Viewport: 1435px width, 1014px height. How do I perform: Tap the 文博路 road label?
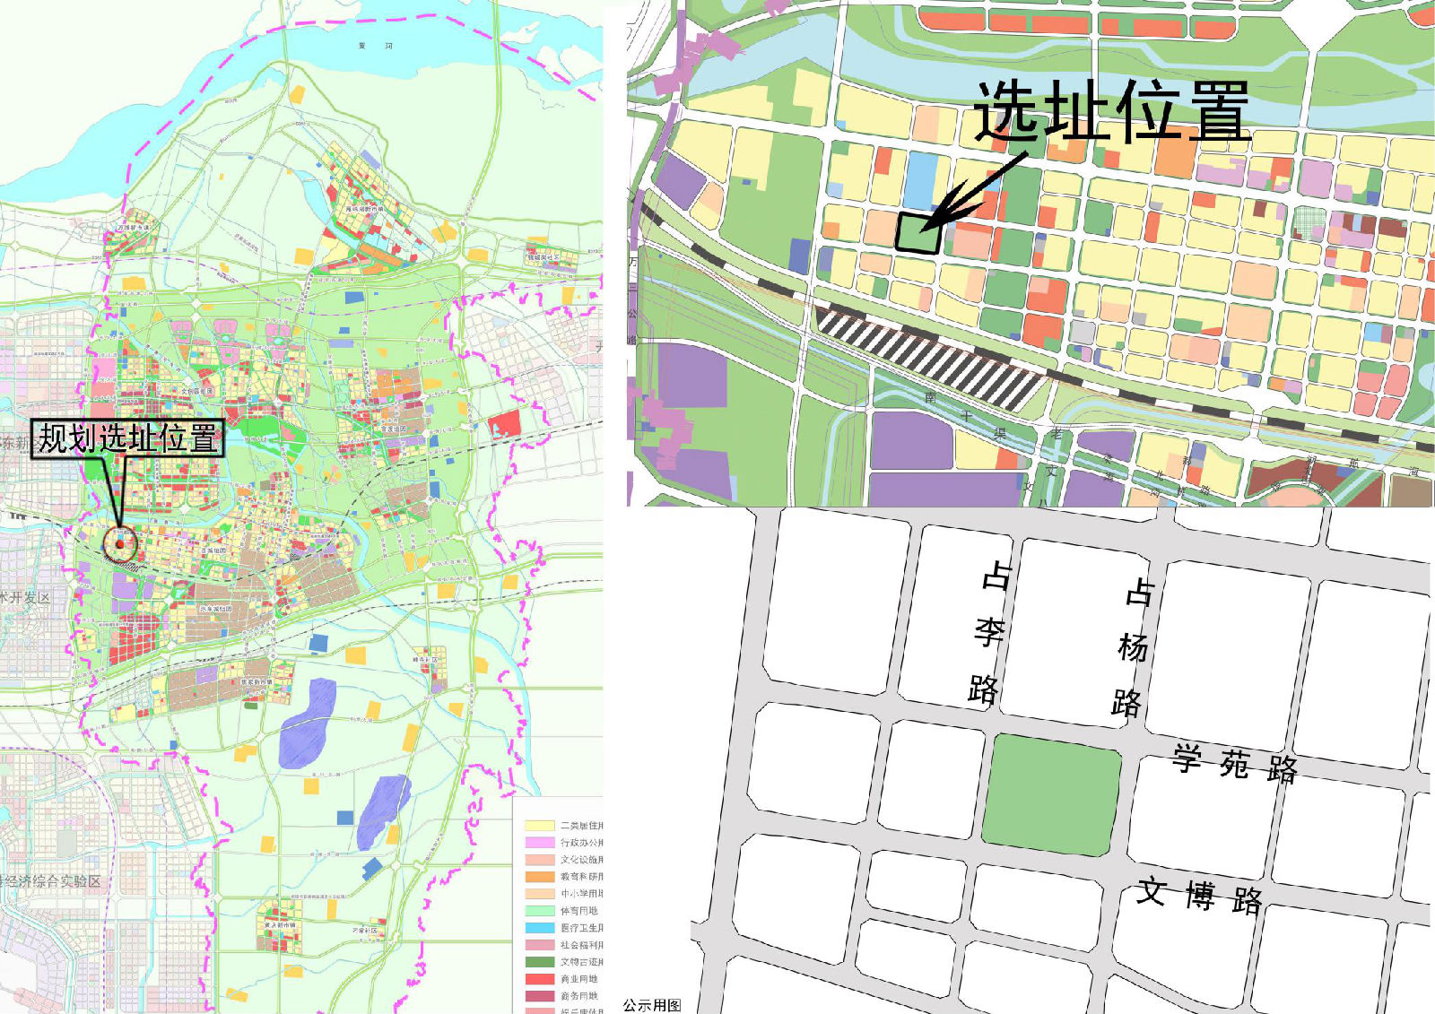coord(1200,895)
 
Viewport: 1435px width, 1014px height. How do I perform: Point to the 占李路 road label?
coord(988,632)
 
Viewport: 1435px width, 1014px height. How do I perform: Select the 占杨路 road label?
coord(1132,647)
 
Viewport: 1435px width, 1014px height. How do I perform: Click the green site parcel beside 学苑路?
coord(1051,793)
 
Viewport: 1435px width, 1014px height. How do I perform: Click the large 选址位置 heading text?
coord(1112,111)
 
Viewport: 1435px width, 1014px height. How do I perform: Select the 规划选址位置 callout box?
coord(127,438)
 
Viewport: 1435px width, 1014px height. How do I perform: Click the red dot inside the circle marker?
coord(119,543)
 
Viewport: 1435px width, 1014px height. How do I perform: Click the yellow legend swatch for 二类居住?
coord(539,825)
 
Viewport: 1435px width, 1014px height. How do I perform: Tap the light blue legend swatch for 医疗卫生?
coord(539,927)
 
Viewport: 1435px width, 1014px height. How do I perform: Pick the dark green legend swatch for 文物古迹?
coord(539,961)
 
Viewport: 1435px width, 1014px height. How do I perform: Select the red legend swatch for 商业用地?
coord(539,978)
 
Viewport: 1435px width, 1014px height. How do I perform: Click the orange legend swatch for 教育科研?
coord(539,876)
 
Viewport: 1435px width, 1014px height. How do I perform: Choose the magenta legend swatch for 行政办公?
coord(539,842)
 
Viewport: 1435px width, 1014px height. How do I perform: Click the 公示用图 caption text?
coord(652,1005)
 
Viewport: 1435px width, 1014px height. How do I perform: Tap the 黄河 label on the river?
coord(375,45)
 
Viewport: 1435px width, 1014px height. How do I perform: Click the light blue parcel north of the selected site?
coord(921,178)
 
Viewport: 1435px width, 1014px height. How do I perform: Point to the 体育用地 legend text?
coord(579,910)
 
